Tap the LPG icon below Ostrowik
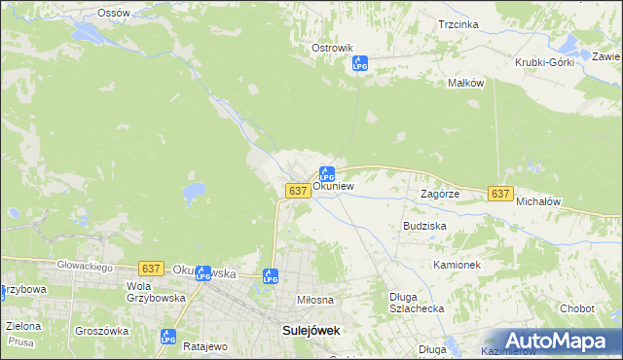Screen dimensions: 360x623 point(359,63)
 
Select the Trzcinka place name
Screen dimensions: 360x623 point(458,24)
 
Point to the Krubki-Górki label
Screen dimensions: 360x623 point(544,61)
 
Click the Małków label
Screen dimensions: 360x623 point(465,84)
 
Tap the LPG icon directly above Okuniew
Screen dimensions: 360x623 point(327,173)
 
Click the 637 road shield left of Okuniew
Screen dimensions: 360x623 point(299,191)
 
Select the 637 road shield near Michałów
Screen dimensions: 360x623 point(499,194)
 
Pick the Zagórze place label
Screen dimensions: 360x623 point(439,194)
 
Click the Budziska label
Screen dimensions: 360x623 point(424,225)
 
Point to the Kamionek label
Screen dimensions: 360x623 point(458,265)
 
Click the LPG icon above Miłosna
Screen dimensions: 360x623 point(271,276)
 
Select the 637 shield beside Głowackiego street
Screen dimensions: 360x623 point(150,268)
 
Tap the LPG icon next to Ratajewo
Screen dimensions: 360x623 point(167,337)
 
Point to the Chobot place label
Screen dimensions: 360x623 point(576,308)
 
